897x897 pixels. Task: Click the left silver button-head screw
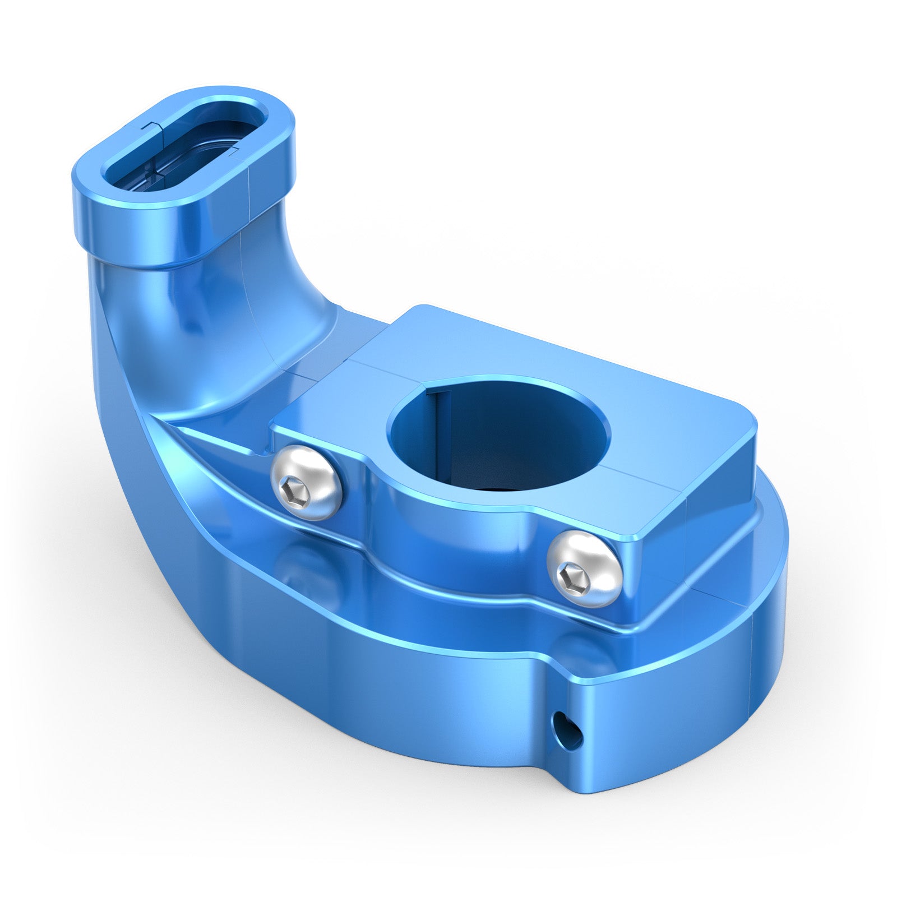point(306,482)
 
